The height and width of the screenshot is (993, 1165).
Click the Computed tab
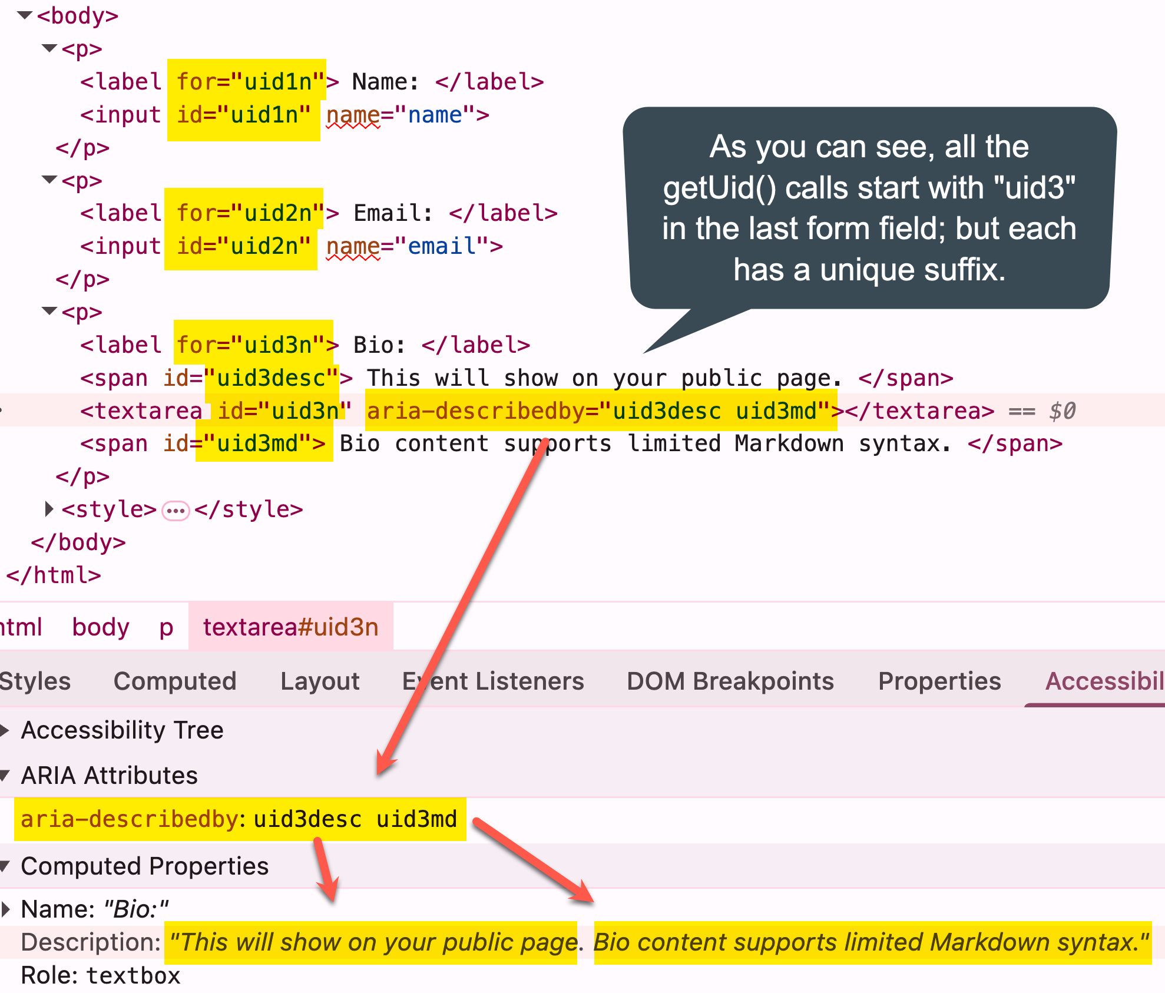[x=175, y=681]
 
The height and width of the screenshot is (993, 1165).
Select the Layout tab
[x=320, y=681]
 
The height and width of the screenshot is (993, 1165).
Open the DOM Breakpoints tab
[x=730, y=681]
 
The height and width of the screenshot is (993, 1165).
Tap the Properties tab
[x=939, y=681]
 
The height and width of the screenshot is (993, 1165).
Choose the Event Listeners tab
[x=493, y=681]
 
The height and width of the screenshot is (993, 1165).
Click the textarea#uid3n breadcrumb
[x=290, y=627]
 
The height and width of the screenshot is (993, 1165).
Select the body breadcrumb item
[x=101, y=627]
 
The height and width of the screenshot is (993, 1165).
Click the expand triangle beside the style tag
[x=49, y=509]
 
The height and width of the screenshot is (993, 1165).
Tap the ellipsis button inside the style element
[x=176, y=510]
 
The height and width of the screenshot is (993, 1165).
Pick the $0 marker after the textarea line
[x=1062, y=411]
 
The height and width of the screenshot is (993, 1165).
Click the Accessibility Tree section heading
[x=122, y=730]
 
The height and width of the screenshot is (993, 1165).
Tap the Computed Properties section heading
[x=144, y=866]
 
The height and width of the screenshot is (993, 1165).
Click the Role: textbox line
[x=100, y=975]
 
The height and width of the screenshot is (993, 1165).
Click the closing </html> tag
[x=54, y=575]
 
